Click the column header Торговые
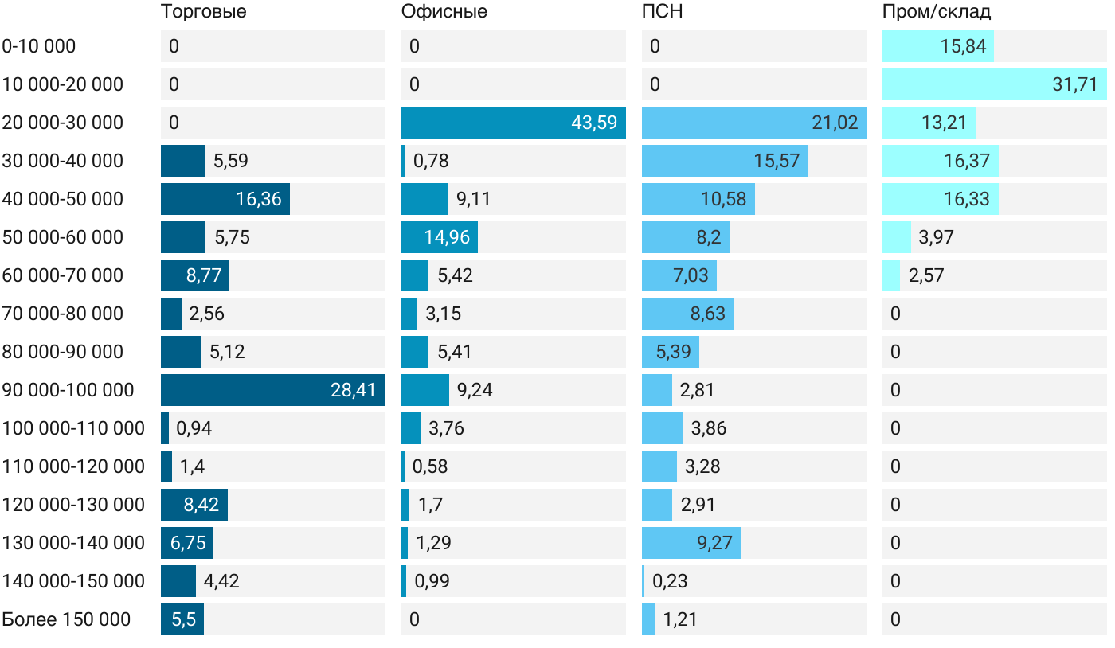tap(203, 12)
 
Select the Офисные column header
tap(444, 12)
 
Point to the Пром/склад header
tap(937, 12)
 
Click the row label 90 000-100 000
tap(68, 390)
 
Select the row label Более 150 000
tap(66, 619)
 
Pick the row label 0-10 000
tap(39, 46)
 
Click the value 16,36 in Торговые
tap(259, 199)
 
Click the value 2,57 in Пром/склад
tap(926, 275)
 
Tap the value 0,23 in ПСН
tap(670, 581)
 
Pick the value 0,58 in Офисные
tap(430, 466)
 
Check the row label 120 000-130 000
tap(73, 505)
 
